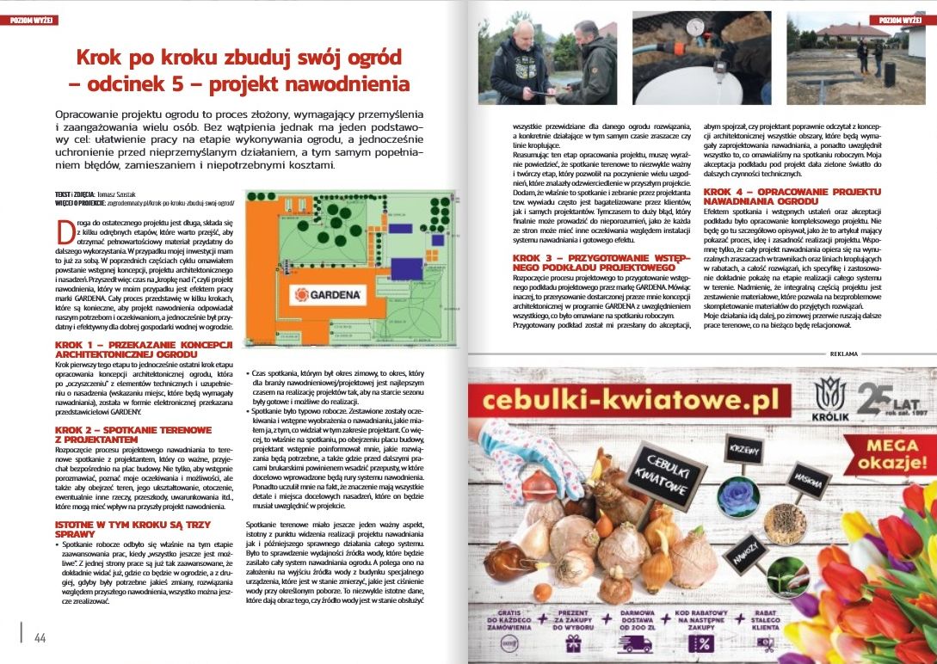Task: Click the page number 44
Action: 40,637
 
